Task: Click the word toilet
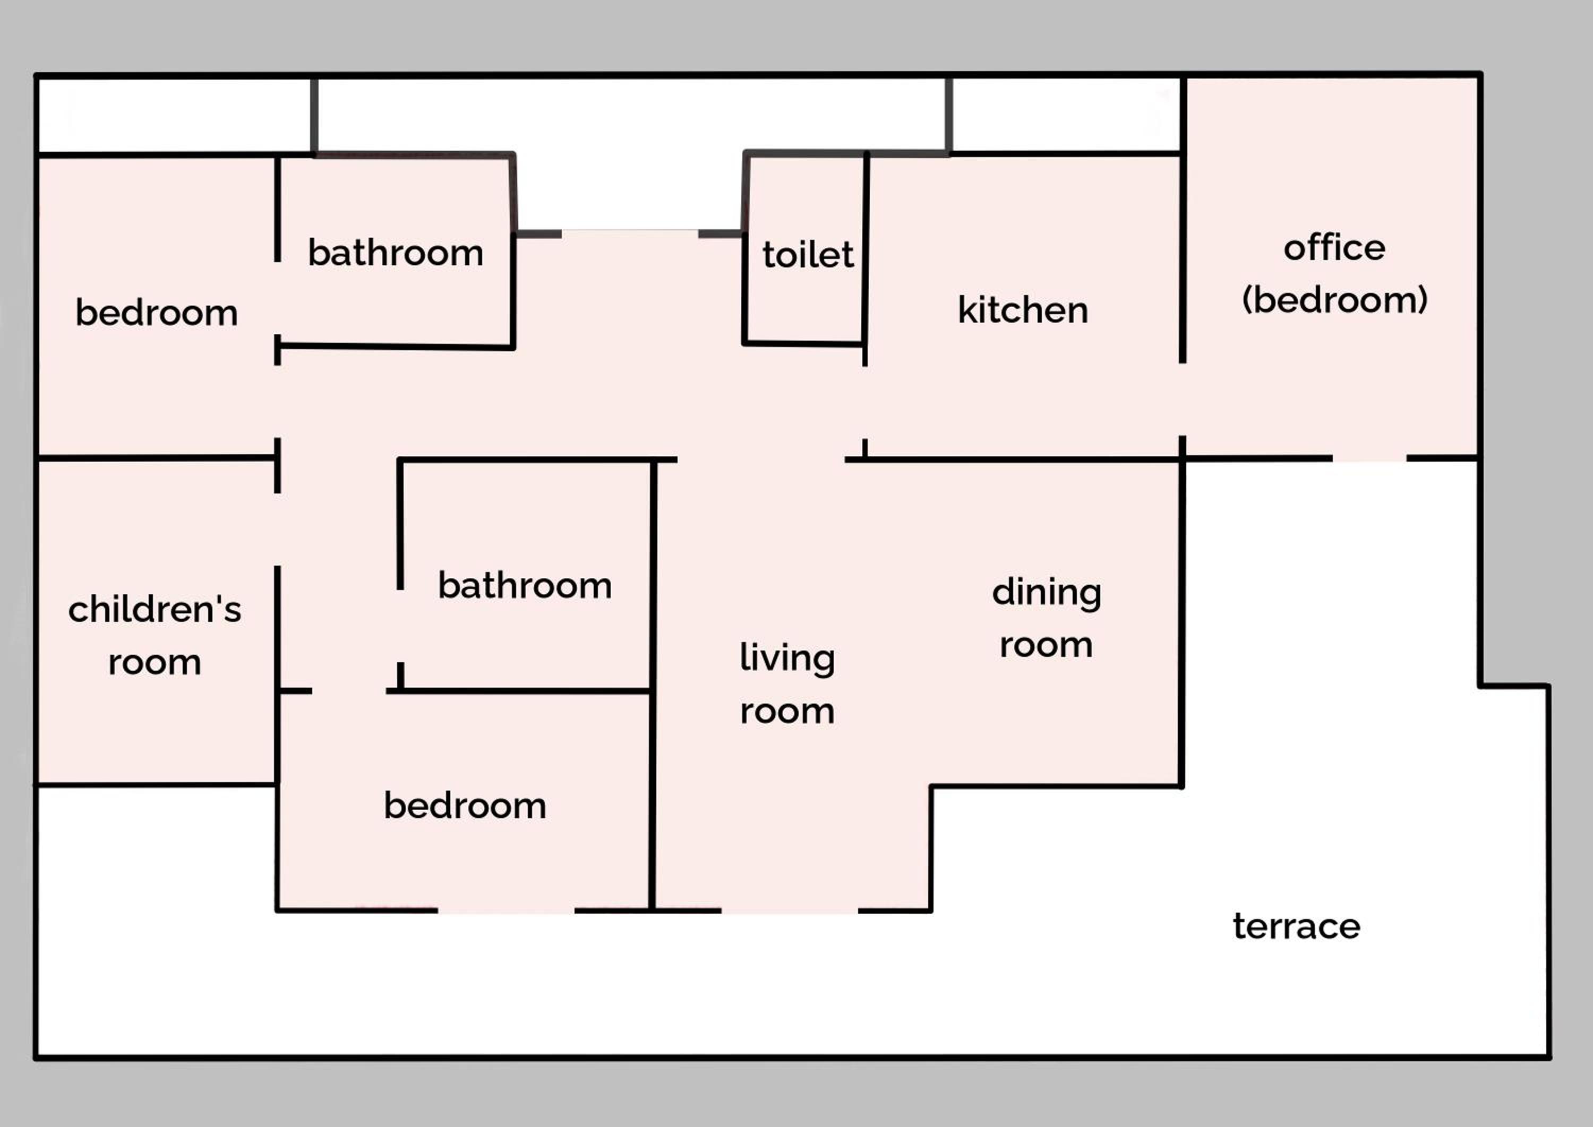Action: click(x=808, y=254)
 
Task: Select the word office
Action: click(x=1334, y=247)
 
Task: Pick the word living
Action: click(x=787, y=658)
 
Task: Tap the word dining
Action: click(x=1047, y=593)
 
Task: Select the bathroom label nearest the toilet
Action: click(x=396, y=252)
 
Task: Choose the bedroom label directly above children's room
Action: click(x=156, y=313)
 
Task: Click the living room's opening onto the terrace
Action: click(x=790, y=911)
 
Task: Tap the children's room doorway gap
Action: click(x=278, y=530)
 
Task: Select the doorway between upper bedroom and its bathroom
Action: click(x=278, y=298)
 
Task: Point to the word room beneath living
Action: click(x=787, y=712)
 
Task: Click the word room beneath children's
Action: click(x=155, y=663)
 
